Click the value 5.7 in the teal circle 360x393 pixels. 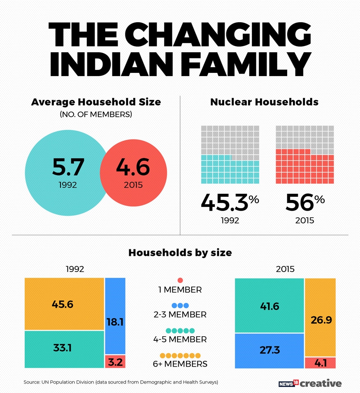(x=68, y=167)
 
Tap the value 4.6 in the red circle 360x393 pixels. (x=132, y=166)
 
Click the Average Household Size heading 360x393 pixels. (x=96, y=102)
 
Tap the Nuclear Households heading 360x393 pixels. (x=264, y=102)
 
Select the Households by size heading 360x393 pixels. (x=180, y=252)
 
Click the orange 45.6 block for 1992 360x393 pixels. (x=64, y=304)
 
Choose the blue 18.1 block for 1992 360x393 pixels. (x=115, y=316)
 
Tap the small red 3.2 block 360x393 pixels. (x=115, y=361)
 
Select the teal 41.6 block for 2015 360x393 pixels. (x=269, y=305)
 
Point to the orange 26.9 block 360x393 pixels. (x=320, y=317)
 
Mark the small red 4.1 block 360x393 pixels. (x=320, y=363)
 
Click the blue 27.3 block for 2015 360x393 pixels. (x=269, y=351)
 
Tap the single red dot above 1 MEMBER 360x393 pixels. (x=180, y=281)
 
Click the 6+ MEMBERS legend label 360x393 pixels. (x=180, y=364)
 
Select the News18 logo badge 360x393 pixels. (x=288, y=383)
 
